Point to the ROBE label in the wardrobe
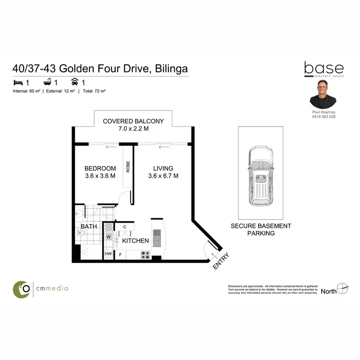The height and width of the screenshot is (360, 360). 128,166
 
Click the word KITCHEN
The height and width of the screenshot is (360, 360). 135,240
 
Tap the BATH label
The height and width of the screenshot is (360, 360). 89,226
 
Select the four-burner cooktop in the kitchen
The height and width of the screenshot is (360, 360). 145,255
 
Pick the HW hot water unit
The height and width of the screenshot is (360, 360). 108,254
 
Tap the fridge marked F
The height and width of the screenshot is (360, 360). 120,254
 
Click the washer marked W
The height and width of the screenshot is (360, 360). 108,236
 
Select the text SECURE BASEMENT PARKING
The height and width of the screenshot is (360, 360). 261,229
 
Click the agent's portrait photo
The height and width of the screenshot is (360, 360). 323,94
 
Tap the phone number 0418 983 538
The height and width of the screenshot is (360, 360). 323,117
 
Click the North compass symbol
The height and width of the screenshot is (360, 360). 342,289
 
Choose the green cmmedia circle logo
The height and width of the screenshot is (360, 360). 22,288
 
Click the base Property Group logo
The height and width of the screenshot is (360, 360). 324,70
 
